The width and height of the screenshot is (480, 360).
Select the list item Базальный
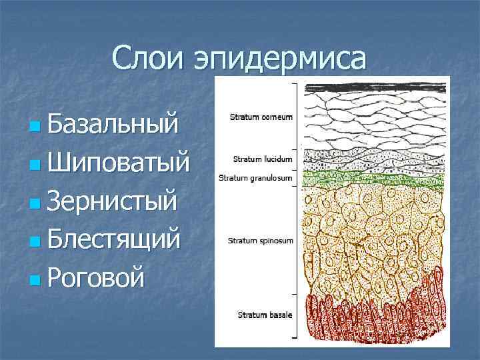coord(113,123)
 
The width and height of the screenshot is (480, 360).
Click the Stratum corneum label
coord(261,117)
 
